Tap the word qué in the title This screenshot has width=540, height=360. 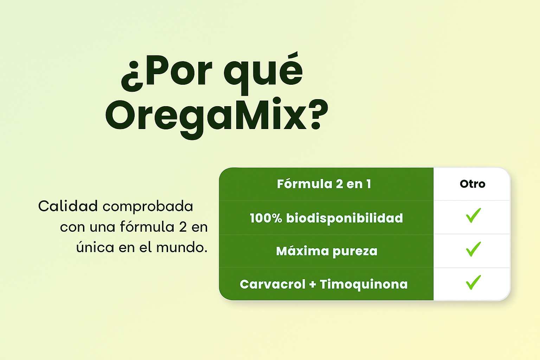pos(263,73)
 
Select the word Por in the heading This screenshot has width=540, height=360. pos(179,71)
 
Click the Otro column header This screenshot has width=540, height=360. pos(472,184)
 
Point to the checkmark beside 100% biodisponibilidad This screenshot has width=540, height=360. pos(473,216)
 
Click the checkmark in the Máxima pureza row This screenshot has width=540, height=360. pos(473,249)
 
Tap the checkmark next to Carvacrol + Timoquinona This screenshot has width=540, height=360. pos(473,282)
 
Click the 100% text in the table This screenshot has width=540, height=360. pos(266,218)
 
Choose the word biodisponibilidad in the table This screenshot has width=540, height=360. pos(345,218)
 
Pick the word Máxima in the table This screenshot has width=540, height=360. pos(302,251)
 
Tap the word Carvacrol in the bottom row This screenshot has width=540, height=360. pos(273,284)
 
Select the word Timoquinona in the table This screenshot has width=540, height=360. pos(364,284)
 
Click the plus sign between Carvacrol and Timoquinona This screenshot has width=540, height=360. pos(313,284)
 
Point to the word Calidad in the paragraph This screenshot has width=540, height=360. pos(68,206)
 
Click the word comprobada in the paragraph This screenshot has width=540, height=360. pos(148,207)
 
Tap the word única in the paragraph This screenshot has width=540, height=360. pos(95,247)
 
